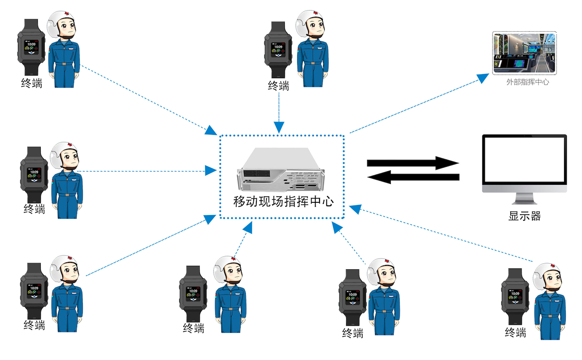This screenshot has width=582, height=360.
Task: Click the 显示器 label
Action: point(524,215)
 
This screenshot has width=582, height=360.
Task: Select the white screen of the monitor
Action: point(524,160)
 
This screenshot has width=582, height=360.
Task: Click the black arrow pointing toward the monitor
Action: point(412,163)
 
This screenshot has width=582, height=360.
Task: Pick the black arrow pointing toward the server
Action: point(412,177)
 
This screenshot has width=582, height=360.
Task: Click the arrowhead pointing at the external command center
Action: point(483,78)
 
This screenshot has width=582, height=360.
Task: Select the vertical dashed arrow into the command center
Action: point(279,112)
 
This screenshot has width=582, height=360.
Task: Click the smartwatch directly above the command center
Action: point(278,49)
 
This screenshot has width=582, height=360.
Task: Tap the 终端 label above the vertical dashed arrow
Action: point(279,85)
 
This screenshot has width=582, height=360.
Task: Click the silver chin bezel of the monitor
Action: point(524,189)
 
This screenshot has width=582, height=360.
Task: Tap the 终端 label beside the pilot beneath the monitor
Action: point(515,332)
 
